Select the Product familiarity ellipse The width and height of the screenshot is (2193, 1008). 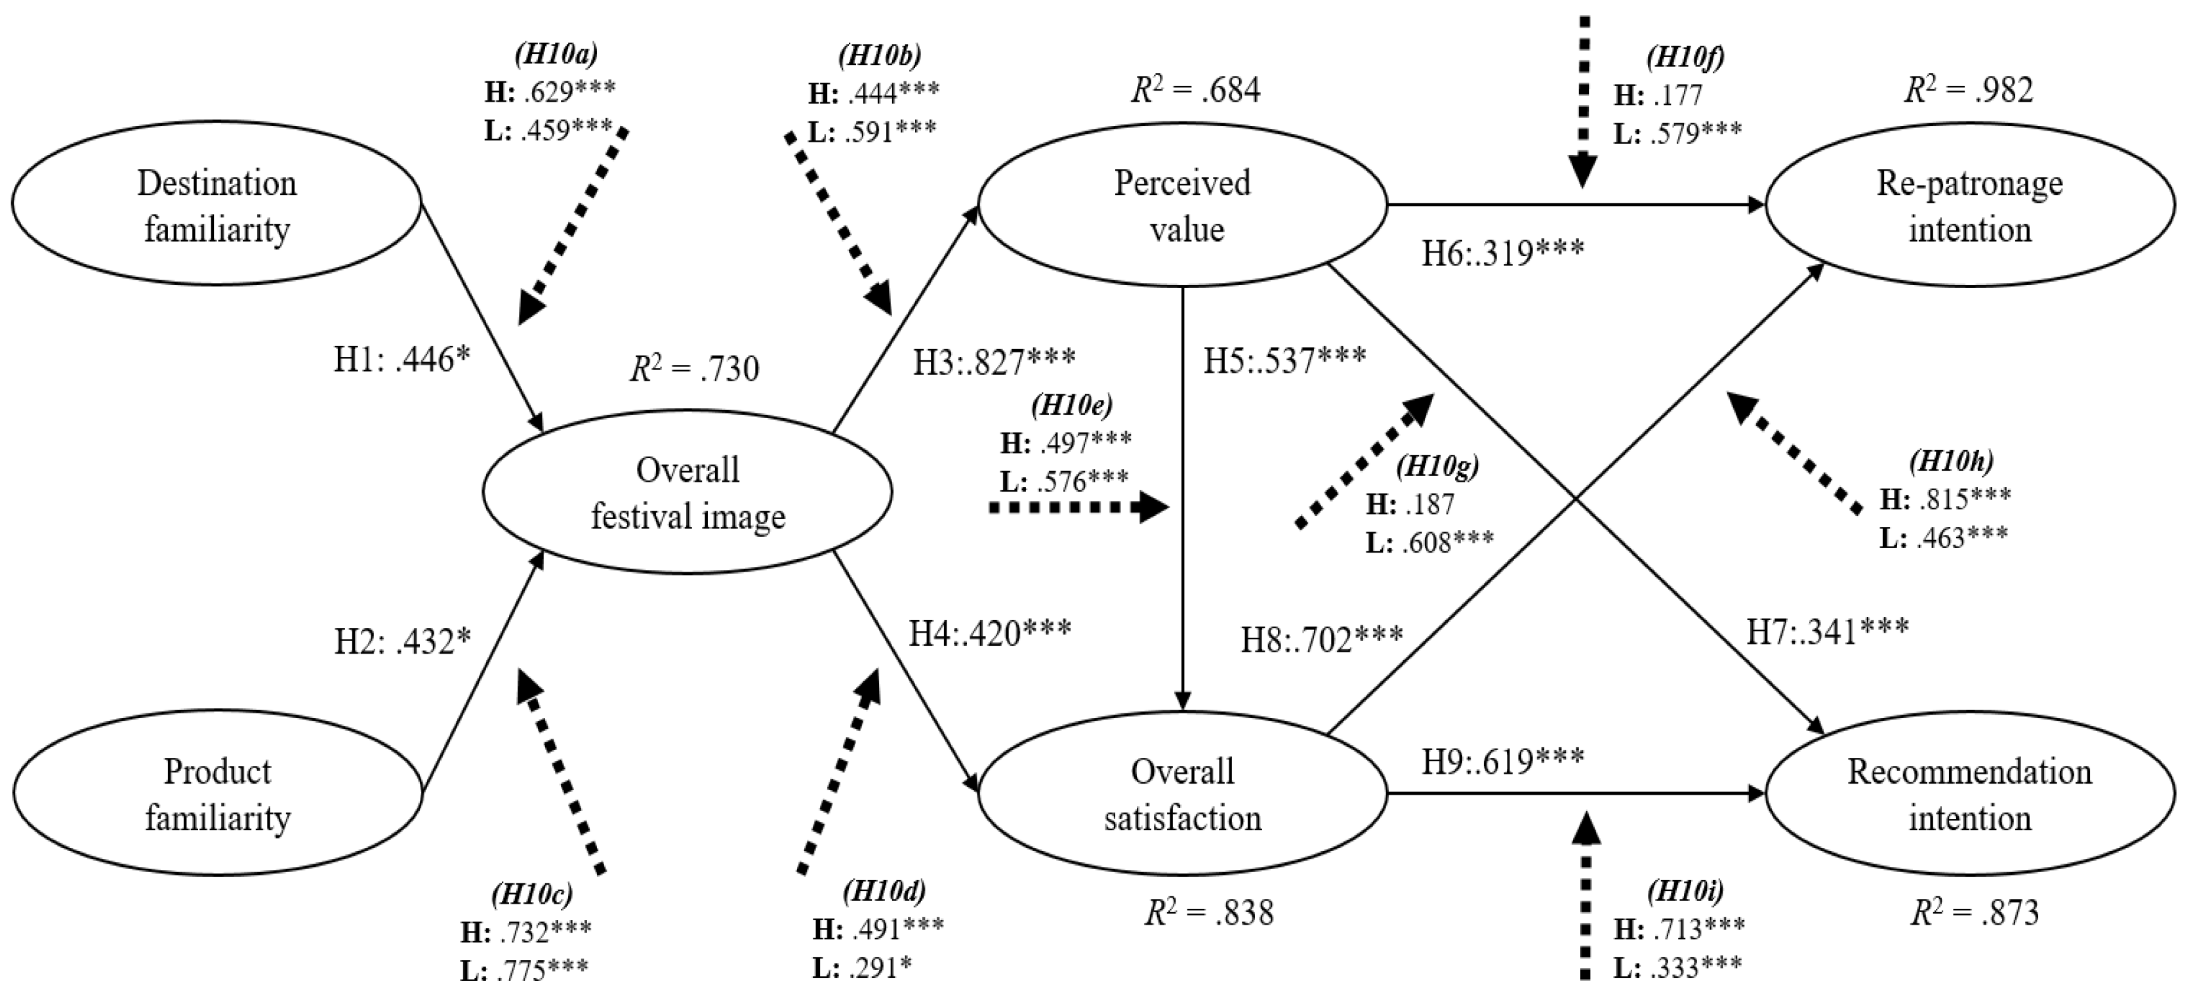[216, 793]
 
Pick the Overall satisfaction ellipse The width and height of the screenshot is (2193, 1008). [1183, 793]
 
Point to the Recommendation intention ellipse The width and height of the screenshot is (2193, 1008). [1969, 793]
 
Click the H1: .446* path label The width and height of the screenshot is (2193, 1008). [402, 360]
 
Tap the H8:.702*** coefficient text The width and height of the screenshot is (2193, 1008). [1321, 639]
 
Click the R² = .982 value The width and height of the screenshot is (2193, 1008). [1968, 89]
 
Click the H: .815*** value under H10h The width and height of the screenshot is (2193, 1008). [1944, 499]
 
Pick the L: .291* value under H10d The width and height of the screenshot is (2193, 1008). [863, 968]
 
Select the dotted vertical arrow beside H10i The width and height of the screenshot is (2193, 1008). [1584, 907]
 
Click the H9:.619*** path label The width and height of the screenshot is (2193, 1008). [1503, 759]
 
